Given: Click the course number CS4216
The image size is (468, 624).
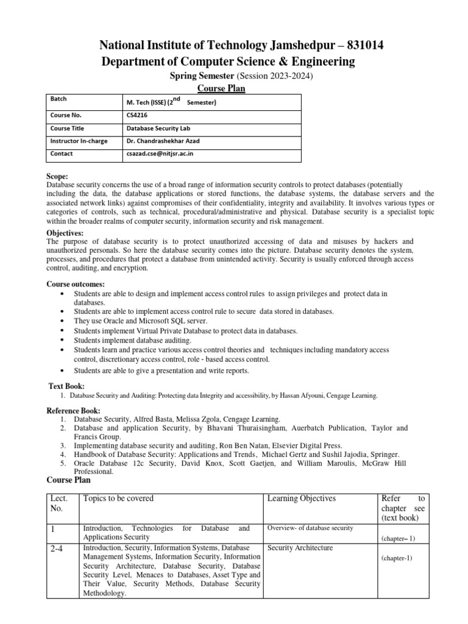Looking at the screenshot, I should (x=136, y=115).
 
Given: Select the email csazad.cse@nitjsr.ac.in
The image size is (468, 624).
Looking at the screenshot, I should (x=159, y=154).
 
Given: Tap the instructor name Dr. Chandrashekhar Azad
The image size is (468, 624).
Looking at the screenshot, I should (x=163, y=141).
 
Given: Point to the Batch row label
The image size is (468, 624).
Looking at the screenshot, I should (x=58, y=98).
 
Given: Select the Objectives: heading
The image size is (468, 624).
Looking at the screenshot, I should (x=65, y=233).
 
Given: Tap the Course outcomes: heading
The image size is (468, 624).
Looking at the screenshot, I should (x=76, y=285).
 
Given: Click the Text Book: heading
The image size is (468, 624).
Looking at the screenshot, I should (x=66, y=386).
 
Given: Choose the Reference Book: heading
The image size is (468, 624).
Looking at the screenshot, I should (x=74, y=411).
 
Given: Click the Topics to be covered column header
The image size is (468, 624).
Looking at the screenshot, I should (x=118, y=498).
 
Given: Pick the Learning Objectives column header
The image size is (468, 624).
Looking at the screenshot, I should (x=301, y=498).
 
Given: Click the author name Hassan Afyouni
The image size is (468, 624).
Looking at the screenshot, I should (x=303, y=395).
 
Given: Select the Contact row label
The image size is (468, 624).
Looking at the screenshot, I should (x=62, y=154).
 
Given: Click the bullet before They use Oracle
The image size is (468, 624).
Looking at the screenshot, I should (x=64, y=321).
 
